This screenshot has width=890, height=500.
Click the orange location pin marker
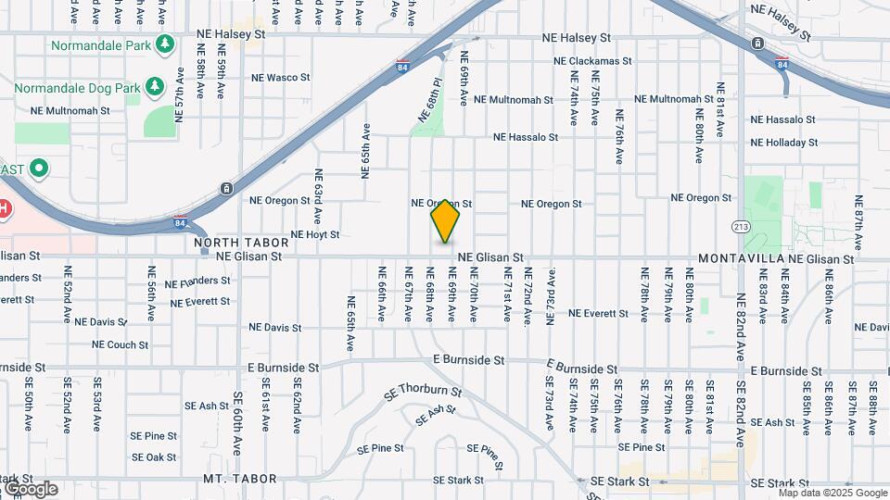tap(446, 220)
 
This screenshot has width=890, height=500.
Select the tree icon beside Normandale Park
tap(166, 44)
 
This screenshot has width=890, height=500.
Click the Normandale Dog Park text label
tap(78, 89)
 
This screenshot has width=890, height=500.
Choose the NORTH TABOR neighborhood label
tap(230, 243)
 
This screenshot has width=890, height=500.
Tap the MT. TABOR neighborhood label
tap(240, 479)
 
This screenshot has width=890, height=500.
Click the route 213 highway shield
tap(741, 226)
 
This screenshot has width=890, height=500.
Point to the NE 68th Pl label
tap(428, 101)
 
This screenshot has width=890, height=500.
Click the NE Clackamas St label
tap(592, 61)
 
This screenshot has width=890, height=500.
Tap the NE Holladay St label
tap(784, 143)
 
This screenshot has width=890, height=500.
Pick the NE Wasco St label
tap(268, 77)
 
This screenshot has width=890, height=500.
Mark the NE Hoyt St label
tap(316, 235)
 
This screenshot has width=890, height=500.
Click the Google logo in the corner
tap(31, 488)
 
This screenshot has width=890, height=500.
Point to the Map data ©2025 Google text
tap(820, 493)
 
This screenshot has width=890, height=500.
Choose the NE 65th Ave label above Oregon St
tap(366, 151)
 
